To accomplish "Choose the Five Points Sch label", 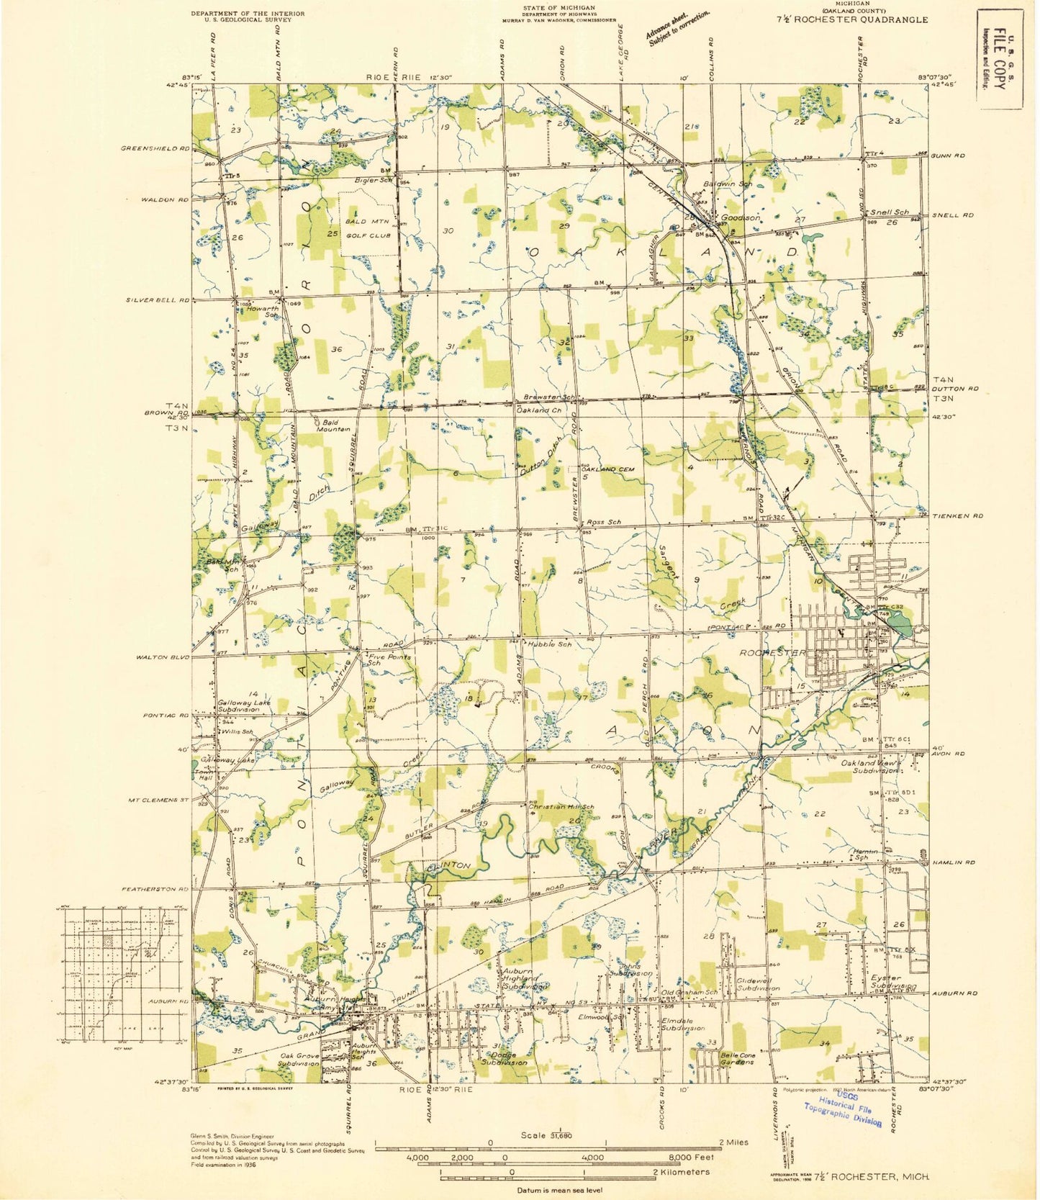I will pos(389,659).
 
